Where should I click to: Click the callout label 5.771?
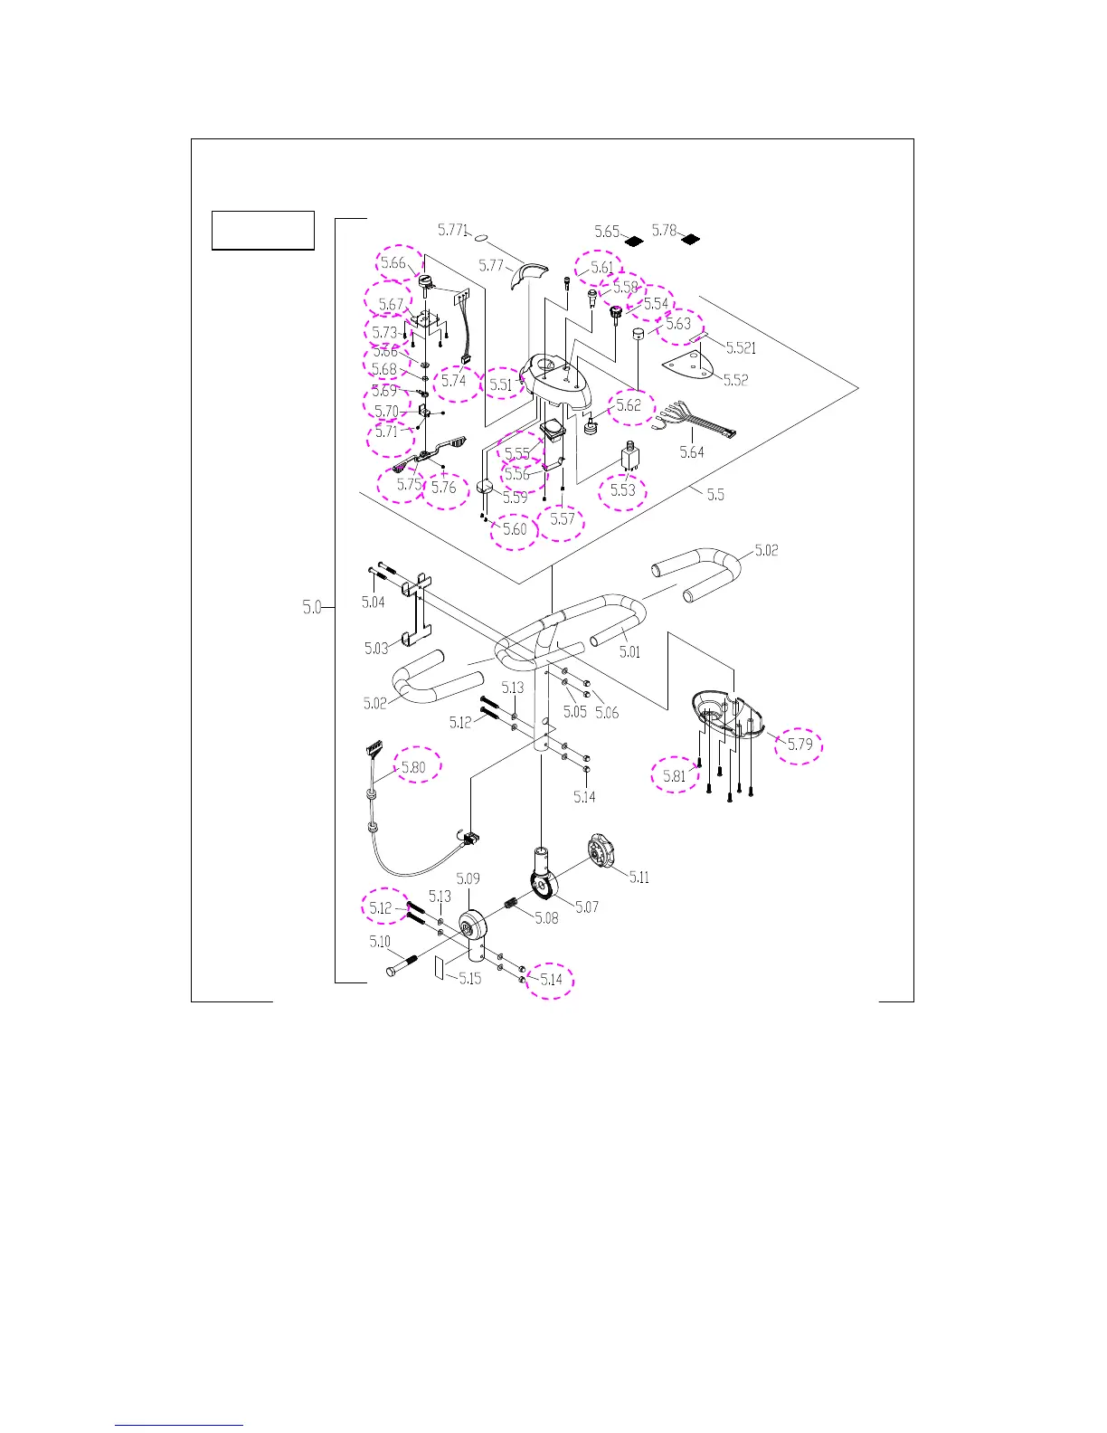coord(452,231)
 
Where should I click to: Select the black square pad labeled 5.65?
coord(634,242)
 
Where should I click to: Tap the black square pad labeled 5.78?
coord(691,241)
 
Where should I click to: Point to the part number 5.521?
coord(741,348)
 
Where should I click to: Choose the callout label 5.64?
coord(692,451)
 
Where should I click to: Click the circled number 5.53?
coord(623,489)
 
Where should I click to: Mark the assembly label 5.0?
coord(312,607)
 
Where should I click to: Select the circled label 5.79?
coord(799,745)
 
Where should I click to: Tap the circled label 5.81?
coord(675,775)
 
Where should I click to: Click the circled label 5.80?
coord(413,767)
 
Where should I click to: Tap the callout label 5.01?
coord(629,651)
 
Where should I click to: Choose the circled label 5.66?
coord(393,263)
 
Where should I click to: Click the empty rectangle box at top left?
coord(263,230)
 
